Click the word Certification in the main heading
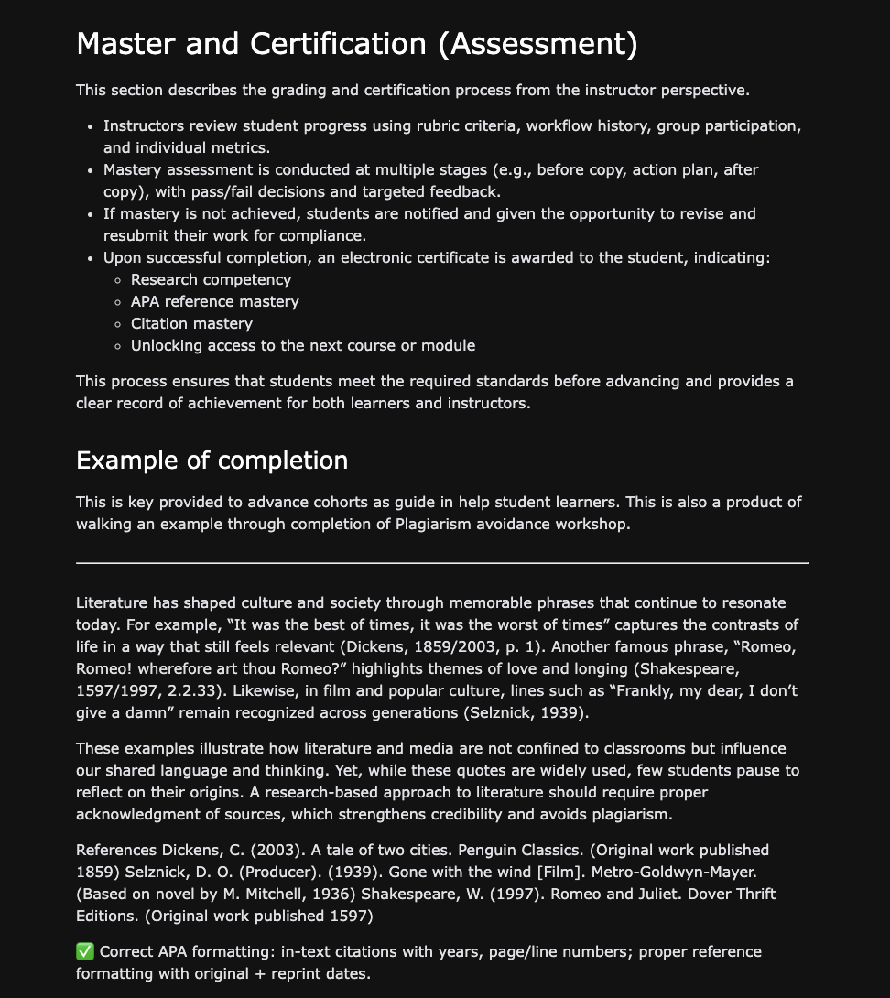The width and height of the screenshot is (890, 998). tap(334, 44)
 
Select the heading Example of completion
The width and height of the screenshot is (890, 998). tap(212, 460)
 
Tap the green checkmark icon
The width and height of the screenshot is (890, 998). tap(85, 952)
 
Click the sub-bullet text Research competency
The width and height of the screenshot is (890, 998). tap(211, 279)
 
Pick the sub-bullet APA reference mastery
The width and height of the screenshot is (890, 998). tap(214, 301)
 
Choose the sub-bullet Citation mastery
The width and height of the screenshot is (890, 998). tap(191, 323)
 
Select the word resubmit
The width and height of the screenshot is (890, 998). tap(137, 235)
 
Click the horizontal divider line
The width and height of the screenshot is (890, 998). tap(442, 562)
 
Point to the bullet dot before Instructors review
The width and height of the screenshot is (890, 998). tap(89, 125)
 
